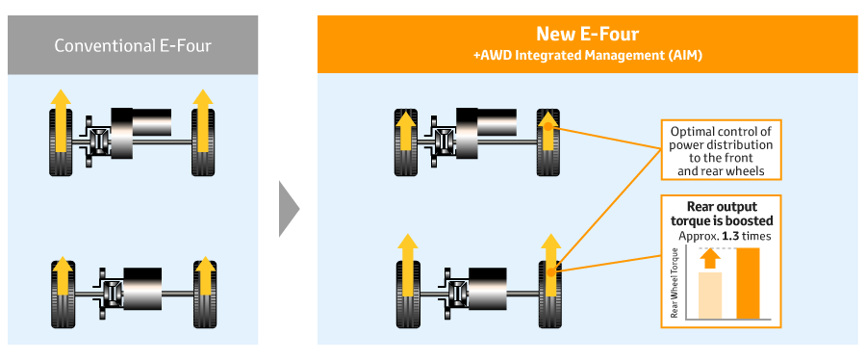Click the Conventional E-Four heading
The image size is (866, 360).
pos(133,44)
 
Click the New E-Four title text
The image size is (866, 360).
pos(588,35)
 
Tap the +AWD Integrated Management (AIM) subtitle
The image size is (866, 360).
pos(588,56)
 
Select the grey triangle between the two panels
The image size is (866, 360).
pos(289,209)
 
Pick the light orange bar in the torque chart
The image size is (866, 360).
pos(710,296)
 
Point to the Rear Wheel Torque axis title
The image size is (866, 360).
pos(675,282)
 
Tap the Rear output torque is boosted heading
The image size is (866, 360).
pos(722,214)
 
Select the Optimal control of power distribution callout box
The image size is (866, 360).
pos(722,149)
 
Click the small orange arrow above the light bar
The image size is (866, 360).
pos(711,260)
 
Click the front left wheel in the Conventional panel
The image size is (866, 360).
pos(61,142)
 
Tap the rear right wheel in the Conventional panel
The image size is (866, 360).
pos(205,295)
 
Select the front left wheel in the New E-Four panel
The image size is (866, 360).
pos(405,142)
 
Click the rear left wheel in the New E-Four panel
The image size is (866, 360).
pos(408,295)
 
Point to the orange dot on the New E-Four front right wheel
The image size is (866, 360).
pos(548,126)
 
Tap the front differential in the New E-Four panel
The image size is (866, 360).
pos(443,141)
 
